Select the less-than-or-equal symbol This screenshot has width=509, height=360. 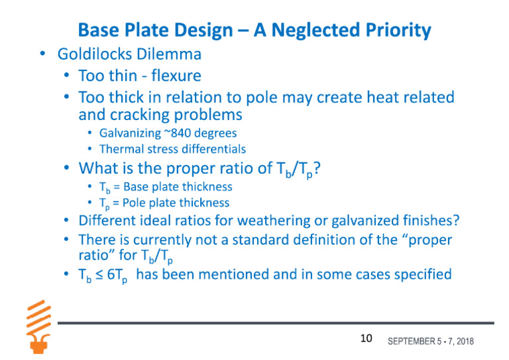pyautogui.click(x=97, y=274)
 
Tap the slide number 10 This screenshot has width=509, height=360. pyautogui.click(x=367, y=339)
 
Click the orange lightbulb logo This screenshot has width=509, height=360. pyautogui.click(x=37, y=324)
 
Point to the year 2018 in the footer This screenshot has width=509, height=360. pyautogui.click(x=462, y=341)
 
